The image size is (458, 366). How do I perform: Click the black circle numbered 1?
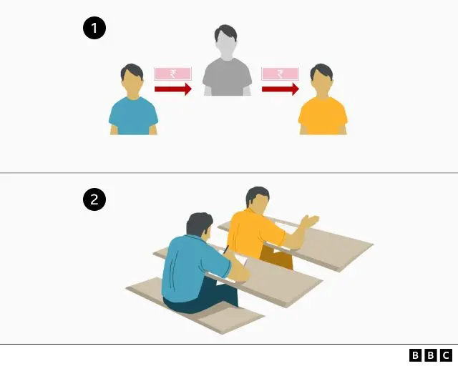pyautogui.click(x=94, y=29)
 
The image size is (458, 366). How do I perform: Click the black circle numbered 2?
pyautogui.click(x=94, y=199)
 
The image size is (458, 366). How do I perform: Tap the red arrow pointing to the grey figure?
pyautogui.click(x=173, y=89)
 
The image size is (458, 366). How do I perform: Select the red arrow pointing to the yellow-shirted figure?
pyautogui.click(x=281, y=89)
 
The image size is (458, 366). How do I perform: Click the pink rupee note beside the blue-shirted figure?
pyautogui.click(x=173, y=74)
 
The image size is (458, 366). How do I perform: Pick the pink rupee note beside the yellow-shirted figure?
pyautogui.click(x=280, y=74)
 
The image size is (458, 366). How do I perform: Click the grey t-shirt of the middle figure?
pyautogui.click(x=227, y=77)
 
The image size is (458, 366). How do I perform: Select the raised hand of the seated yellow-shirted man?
pyautogui.click(x=310, y=221)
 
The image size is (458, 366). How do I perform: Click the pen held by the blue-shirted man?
pyautogui.click(x=226, y=249)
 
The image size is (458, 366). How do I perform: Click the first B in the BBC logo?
pyautogui.click(x=415, y=355)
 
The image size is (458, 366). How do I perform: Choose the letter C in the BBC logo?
pyautogui.click(x=446, y=355)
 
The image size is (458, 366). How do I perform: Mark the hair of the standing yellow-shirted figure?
pyautogui.click(x=321, y=71)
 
